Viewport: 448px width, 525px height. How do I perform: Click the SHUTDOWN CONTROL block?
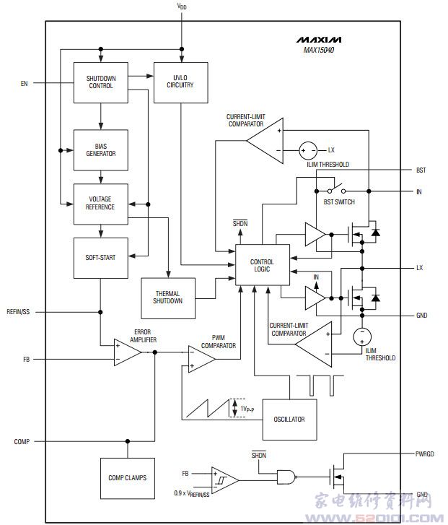(101, 82)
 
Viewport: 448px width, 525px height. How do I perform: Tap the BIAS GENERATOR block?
(101, 149)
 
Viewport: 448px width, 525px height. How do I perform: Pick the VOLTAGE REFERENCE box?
(101, 204)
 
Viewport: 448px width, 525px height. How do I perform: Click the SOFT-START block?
(101, 257)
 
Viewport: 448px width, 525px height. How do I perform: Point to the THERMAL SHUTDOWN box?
(167, 297)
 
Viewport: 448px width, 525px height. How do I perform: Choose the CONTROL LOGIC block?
(262, 266)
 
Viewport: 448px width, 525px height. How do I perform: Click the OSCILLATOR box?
(289, 419)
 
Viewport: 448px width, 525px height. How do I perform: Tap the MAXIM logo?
(319, 39)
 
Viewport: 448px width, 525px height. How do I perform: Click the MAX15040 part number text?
(319, 51)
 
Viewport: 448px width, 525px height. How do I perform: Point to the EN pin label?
(25, 84)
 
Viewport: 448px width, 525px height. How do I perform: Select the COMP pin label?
(22, 441)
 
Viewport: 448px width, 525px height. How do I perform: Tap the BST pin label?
(421, 170)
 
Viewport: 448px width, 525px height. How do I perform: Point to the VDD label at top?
(182, 6)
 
